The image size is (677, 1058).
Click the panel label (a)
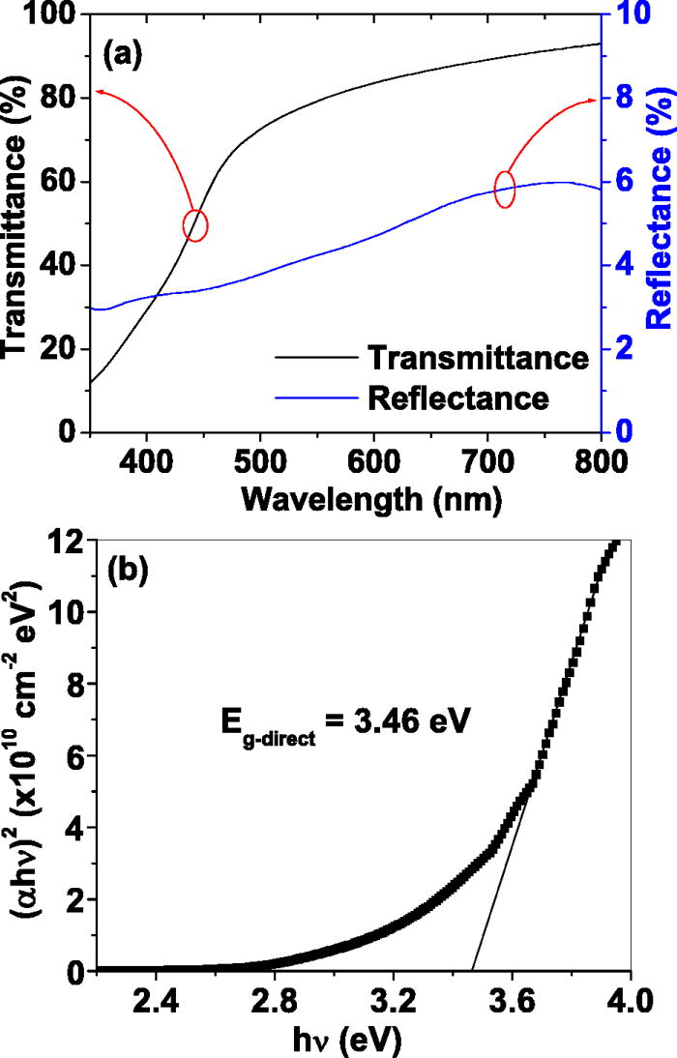(x=124, y=55)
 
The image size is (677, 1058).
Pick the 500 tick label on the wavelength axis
(x=259, y=458)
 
